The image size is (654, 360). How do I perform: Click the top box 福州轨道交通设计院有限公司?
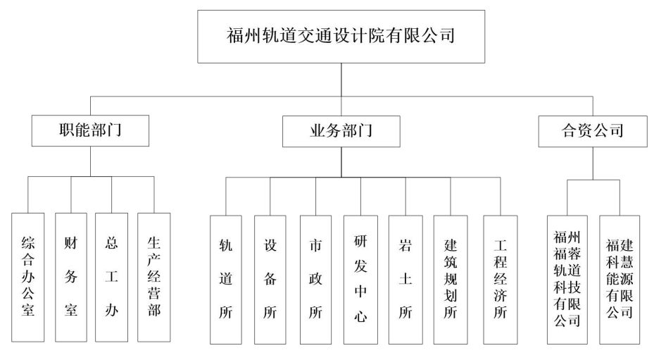(341, 37)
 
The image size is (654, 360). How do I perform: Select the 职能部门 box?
(91, 131)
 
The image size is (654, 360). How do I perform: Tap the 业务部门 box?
(341, 132)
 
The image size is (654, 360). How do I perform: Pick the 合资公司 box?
(593, 132)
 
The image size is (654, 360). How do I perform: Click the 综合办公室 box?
(28, 278)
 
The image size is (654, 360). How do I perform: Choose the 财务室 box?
(71, 278)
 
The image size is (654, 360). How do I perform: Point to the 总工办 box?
(111, 278)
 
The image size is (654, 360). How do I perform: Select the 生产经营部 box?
(154, 278)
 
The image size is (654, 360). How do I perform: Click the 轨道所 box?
(226, 280)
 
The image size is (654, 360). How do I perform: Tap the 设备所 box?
(270, 280)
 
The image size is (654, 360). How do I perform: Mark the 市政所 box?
(316, 280)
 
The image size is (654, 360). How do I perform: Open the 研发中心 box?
(360, 280)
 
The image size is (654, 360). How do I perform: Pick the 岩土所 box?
(405, 280)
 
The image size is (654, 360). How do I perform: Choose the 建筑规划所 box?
(451, 280)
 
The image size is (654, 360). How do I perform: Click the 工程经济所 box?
(501, 280)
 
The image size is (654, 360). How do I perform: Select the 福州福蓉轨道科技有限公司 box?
(567, 280)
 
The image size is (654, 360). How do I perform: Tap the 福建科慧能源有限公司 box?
(620, 280)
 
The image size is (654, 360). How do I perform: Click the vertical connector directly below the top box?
(341, 80)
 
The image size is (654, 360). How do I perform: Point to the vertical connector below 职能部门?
(91, 161)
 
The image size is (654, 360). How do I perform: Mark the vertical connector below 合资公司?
(593, 163)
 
